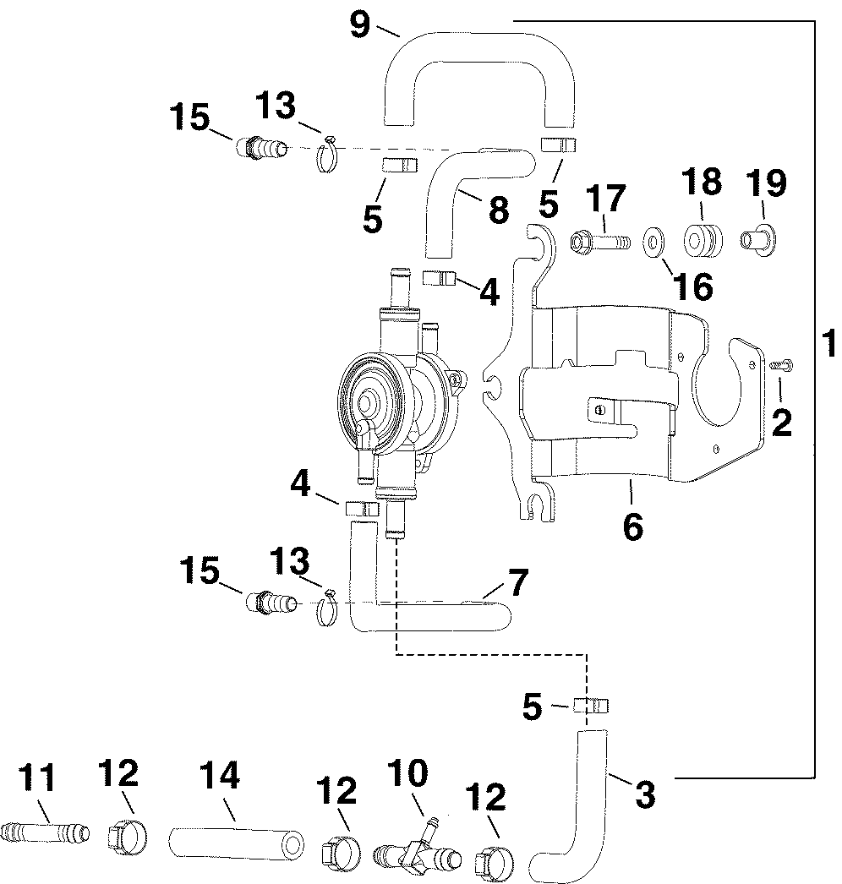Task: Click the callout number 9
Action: [360, 25]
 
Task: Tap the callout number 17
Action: [605, 198]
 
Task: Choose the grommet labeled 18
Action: [703, 242]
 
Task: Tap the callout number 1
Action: [829, 344]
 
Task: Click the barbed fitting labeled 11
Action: [45, 832]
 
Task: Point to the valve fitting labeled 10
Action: [418, 849]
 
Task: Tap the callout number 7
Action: [517, 581]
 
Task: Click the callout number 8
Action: [499, 209]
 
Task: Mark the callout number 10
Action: [408, 773]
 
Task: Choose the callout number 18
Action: [702, 182]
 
